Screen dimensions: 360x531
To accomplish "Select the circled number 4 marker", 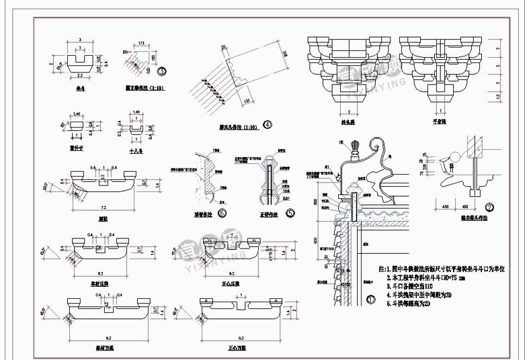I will (x=267, y=123).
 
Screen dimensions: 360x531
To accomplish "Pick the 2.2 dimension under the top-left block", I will (x=80, y=77).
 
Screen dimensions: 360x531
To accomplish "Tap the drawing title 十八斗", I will (x=136, y=152).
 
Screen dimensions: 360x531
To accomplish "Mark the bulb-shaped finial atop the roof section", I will (x=360, y=146).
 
